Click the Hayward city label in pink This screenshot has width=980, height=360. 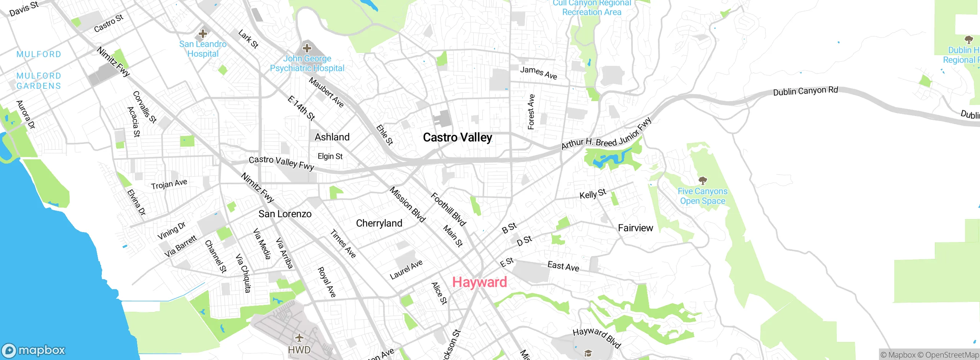(x=479, y=282)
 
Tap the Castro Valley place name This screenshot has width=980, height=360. (x=457, y=137)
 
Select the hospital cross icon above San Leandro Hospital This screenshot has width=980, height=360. (x=203, y=34)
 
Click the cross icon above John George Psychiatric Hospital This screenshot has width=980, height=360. (x=307, y=48)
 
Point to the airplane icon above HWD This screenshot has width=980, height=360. (x=299, y=338)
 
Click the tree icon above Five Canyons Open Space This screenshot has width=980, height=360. (x=702, y=180)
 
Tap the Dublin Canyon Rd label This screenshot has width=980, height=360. (x=805, y=91)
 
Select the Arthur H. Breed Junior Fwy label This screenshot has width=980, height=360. (x=606, y=134)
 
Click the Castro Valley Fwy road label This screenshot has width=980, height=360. (x=281, y=162)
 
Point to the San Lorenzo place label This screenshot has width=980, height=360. (x=285, y=214)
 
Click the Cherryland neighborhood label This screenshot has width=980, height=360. (x=379, y=223)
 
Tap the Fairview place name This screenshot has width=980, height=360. (x=635, y=228)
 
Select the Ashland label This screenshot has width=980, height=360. (x=332, y=137)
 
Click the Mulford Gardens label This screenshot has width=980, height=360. (x=39, y=81)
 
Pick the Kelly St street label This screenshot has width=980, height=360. (x=593, y=194)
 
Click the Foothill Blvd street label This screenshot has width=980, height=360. (x=448, y=209)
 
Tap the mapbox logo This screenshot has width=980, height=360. (x=34, y=350)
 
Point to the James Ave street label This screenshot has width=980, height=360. (x=538, y=72)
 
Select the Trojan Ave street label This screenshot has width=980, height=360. (x=169, y=184)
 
